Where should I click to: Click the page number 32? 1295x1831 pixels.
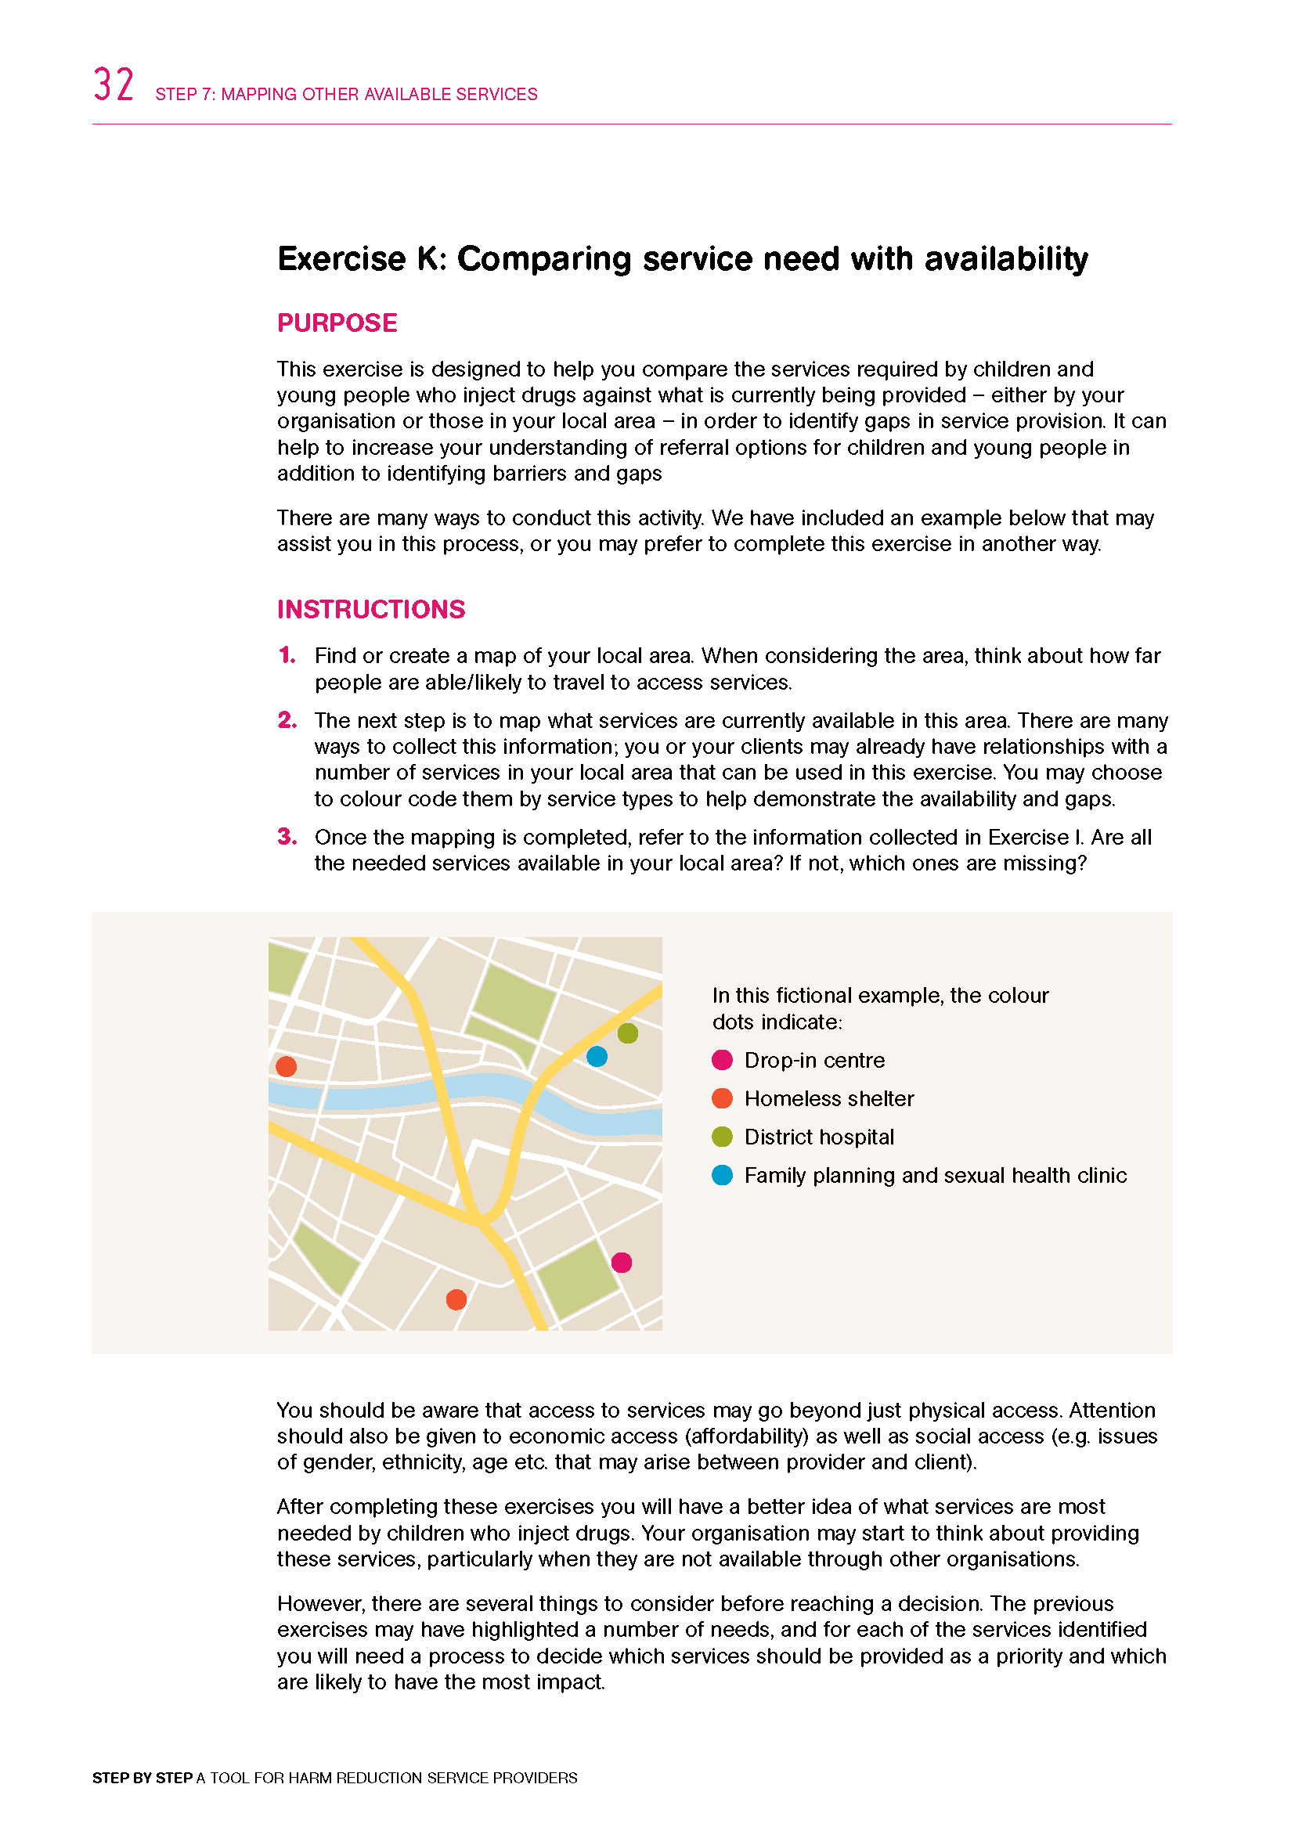[114, 85]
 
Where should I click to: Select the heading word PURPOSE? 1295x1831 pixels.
[337, 323]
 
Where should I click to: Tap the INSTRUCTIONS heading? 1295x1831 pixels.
[371, 609]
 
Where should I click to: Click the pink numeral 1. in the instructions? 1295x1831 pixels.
[287, 655]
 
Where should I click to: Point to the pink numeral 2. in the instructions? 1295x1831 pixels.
[287, 720]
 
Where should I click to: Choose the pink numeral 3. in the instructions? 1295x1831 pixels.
[287, 837]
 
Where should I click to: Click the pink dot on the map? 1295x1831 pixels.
[621, 1263]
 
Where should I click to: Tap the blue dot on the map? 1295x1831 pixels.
[597, 1057]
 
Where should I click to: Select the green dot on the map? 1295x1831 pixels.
[628, 1033]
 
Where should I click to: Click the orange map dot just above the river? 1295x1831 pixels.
[287, 1066]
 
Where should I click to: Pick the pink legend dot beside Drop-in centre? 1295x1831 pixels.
[722, 1060]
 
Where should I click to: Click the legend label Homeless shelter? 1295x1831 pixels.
[828, 1099]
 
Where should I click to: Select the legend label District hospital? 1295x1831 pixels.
[819, 1137]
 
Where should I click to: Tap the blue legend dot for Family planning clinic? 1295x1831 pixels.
[722, 1176]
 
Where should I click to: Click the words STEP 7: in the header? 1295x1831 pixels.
[185, 95]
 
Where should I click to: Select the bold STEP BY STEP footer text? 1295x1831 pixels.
[142, 1779]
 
